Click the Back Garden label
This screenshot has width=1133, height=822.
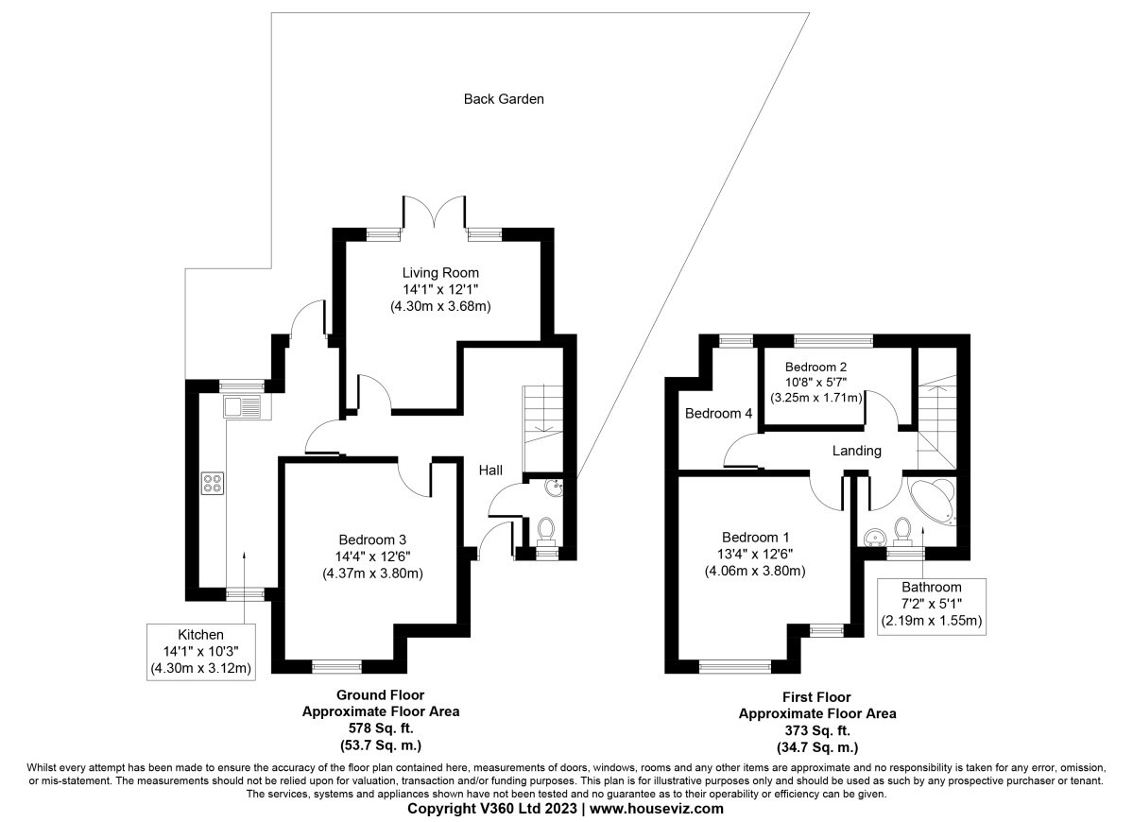pos(504,99)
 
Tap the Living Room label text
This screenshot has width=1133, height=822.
pos(440,273)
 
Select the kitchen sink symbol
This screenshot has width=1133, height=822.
pos(243,408)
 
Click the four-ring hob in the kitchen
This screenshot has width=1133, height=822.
pos(213,483)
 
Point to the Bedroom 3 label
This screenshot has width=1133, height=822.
pos(372,539)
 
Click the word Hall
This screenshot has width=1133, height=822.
pos(490,471)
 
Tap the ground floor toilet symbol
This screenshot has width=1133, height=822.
pos(546,529)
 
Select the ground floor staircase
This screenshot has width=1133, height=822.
pos(542,429)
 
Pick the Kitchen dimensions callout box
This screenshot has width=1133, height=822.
pos(201,652)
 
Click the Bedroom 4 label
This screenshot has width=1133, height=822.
pos(718,414)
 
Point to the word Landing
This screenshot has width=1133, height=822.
pos(857,452)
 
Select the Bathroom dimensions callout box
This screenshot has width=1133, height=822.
pos(932,606)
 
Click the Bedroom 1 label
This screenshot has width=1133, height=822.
pos(755,538)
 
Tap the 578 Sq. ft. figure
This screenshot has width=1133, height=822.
pos(380,728)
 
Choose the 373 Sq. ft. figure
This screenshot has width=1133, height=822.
pos(816,731)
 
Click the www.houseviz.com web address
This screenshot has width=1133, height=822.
pos(657,809)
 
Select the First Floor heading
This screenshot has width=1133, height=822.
pos(816,697)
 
